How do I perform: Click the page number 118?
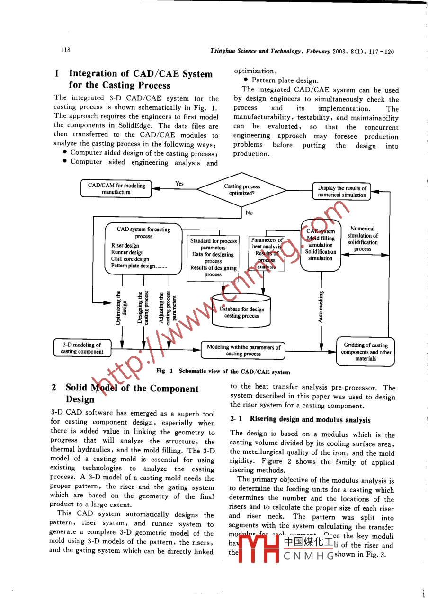coord(65,50)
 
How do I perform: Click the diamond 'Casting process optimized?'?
coord(241,190)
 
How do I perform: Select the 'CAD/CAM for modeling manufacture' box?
coord(116,189)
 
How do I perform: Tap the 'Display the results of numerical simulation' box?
coord(342,191)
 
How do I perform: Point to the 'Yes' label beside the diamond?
coord(179,184)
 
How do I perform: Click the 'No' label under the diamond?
coord(249,213)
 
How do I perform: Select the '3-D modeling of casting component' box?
coord(82,348)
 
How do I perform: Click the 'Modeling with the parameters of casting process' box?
coord(243,350)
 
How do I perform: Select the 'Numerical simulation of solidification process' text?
coord(363,239)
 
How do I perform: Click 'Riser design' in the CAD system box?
coord(125,246)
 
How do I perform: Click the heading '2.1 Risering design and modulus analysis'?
coord(300,419)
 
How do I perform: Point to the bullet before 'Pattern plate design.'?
coord(246,80)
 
